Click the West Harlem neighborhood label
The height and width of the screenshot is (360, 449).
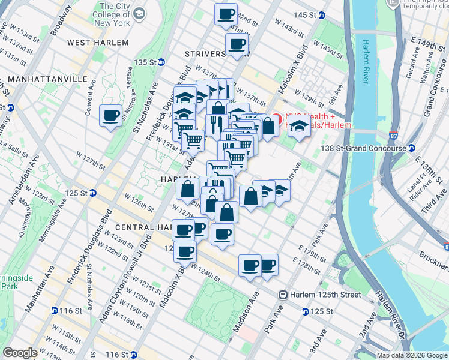point(98,43)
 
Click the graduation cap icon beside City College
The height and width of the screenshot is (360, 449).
point(139,13)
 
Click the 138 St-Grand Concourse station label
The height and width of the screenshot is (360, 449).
point(364,148)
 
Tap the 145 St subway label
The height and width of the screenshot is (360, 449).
point(305,15)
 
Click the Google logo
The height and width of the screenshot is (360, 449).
point(20,353)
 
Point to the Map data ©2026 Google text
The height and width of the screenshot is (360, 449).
point(412,355)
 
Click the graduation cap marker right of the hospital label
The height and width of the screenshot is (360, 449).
point(299,128)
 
